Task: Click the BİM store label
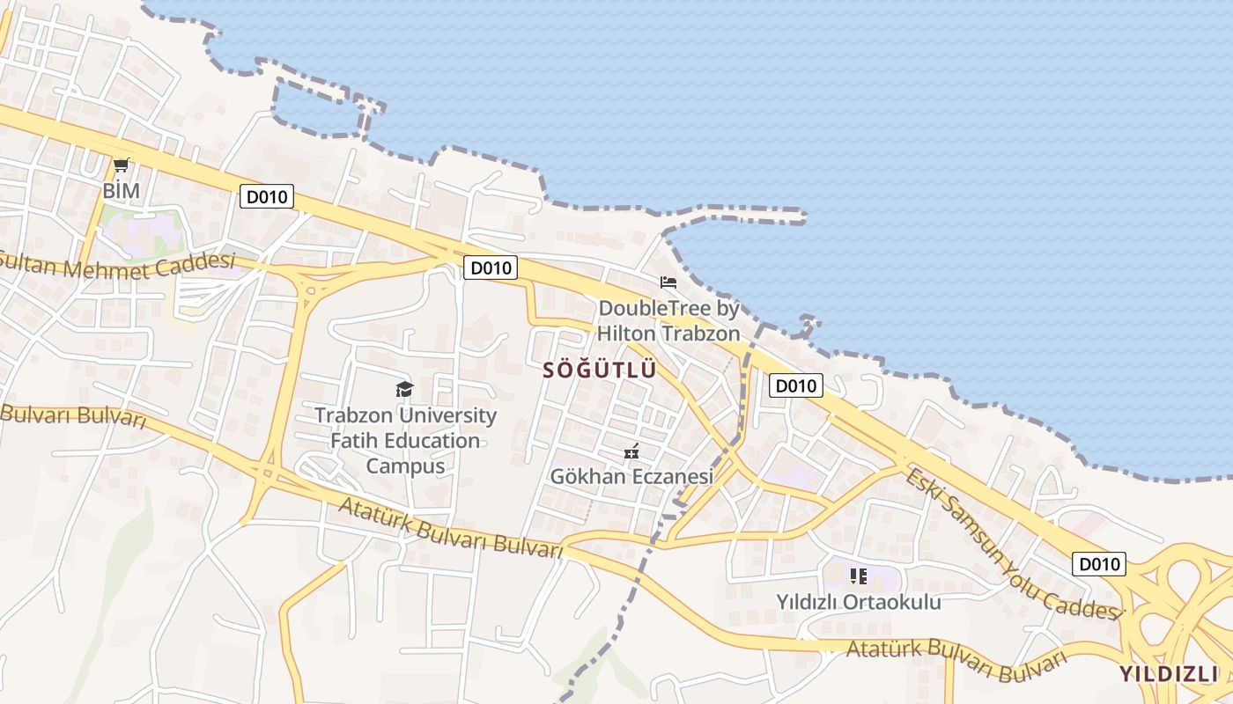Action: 122,190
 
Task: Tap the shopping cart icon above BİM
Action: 122,165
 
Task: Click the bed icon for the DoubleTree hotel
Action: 668,282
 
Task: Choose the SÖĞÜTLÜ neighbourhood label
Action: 600,370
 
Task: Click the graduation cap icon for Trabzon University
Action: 404,389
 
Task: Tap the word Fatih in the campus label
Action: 354,440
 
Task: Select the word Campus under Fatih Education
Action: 405,466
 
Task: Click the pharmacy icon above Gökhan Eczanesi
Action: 631,452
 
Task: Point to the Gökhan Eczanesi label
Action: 631,476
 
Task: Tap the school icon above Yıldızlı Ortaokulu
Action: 859,576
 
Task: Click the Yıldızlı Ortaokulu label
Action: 858,602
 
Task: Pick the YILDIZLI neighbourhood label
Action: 1169,674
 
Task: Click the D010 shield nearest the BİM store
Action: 266,197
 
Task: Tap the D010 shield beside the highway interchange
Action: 1098,564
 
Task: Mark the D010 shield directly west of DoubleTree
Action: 490,268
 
